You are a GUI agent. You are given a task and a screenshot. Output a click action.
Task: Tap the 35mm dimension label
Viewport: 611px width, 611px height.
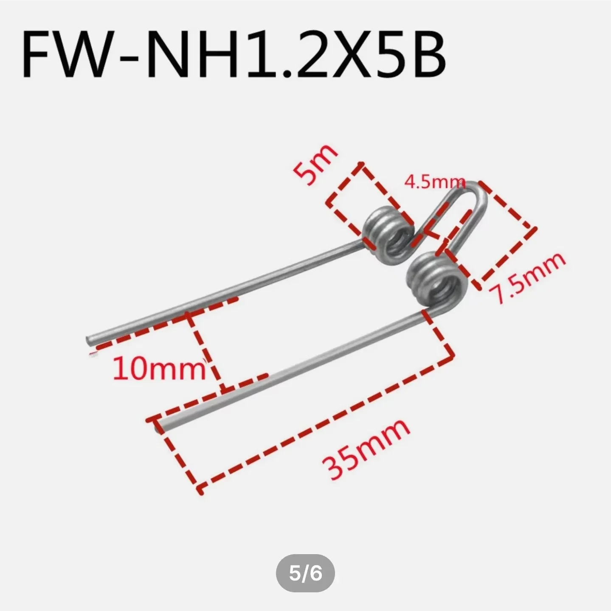tap(366, 449)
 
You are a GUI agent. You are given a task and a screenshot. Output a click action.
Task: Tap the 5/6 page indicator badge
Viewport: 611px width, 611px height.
tap(305, 573)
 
